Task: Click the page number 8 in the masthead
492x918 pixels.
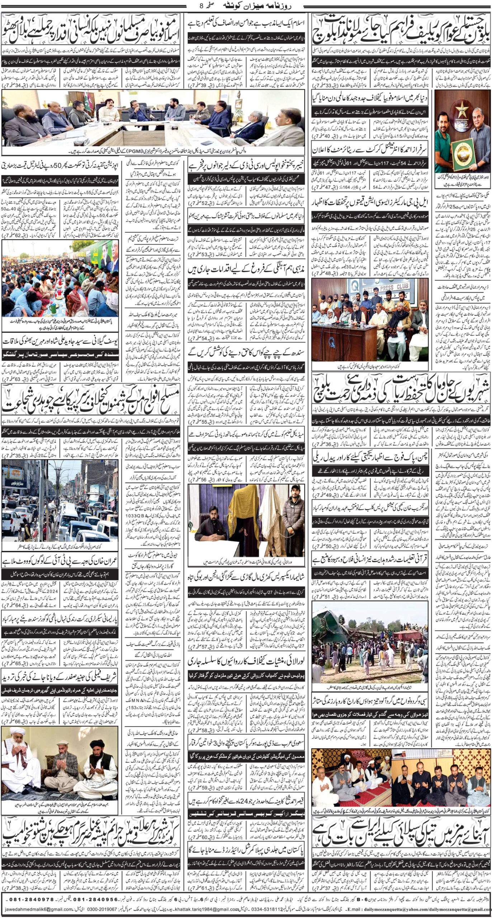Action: point(201,6)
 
